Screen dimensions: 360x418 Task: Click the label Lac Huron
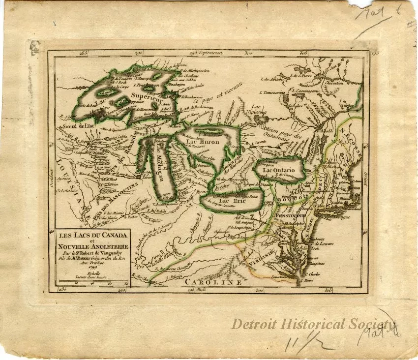coord(203,141)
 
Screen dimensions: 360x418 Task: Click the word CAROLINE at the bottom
coord(213,282)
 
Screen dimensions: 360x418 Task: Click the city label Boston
coord(356,187)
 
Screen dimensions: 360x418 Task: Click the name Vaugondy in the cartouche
coord(110,247)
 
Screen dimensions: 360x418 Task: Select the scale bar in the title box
coord(93,281)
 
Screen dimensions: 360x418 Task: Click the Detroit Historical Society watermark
coord(313,324)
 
